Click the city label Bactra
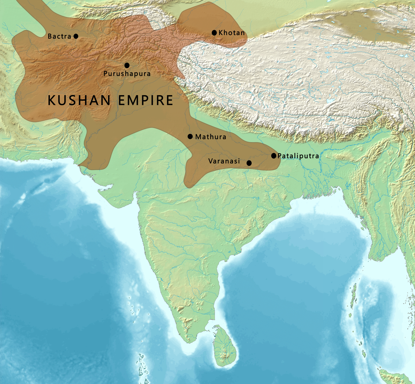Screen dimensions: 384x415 [59, 36]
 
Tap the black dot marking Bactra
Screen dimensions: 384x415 [76, 36]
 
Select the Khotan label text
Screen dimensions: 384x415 [232, 33]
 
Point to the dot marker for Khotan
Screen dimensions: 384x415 [214, 33]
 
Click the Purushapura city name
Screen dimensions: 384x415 [127, 74]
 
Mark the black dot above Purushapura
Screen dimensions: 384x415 [127, 65]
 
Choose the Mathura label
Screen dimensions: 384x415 [211, 137]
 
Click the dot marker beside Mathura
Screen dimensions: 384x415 [190, 136]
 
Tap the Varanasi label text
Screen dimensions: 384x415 [224, 161]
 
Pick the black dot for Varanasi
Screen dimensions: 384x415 [249, 163]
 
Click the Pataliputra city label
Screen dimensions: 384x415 [298, 156]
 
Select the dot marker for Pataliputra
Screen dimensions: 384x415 [274, 156]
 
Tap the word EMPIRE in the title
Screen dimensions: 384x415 [146, 100]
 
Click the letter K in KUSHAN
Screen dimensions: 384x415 [52, 100]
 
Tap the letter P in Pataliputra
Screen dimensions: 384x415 [280, 156]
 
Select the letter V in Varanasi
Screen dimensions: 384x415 [211, 161]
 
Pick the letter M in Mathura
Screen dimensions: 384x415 [198, 137]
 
